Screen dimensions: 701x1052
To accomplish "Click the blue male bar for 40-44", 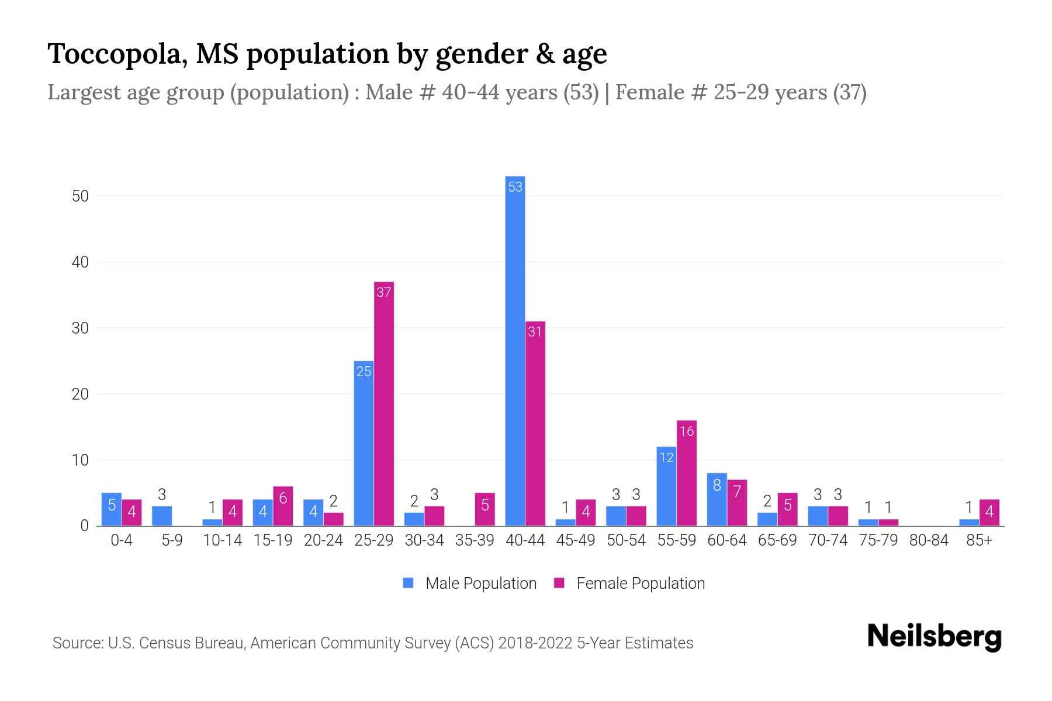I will click(515, 350).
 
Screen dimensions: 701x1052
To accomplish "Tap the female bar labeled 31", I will click(535, 424).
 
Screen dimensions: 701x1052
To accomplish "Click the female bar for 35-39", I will click(485, 509).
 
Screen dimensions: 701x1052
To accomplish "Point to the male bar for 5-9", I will click(162, 516).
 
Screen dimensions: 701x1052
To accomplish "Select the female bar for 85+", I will click(989, 512).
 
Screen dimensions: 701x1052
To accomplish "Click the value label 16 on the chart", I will click(687, 431).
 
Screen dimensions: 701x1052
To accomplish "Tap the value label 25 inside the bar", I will click(364, 372).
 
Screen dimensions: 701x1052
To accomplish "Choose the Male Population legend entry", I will click(469, 583).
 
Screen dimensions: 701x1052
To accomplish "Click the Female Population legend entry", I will click(629, 583).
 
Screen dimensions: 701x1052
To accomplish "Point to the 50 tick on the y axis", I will click(80, 196).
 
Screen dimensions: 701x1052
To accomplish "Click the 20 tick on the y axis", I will click(80, 394).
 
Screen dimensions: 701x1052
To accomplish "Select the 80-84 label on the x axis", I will click(929, 540).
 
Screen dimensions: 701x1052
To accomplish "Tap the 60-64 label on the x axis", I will click(726, 540).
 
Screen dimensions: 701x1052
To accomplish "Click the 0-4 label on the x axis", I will click(122, 540).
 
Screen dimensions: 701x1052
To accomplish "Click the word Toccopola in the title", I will click(117, 54).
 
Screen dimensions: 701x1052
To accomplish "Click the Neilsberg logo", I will click(934, 636).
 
